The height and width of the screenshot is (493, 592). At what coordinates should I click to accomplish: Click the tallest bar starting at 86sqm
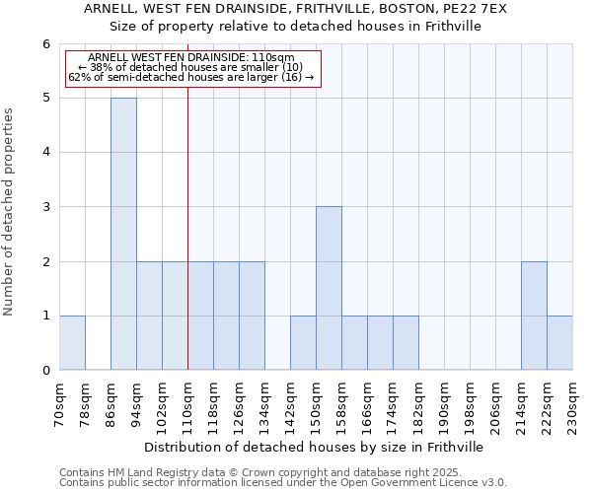coord(123,234)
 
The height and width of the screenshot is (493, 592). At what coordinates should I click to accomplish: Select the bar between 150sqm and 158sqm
coord(329,288)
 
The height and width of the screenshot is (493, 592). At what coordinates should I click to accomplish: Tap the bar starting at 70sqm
coord(72,343)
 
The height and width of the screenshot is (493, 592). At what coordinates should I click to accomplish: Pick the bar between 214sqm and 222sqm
coord(534,316)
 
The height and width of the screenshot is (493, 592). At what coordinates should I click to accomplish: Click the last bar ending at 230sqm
coord(559,343)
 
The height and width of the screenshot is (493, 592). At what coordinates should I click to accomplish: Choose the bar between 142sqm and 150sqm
coord(303,343)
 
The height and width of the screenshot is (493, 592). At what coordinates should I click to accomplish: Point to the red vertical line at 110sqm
coord(187,227)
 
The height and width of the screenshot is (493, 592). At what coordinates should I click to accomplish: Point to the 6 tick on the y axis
coord(45,44)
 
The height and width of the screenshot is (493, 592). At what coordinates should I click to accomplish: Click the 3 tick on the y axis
coord(45,207)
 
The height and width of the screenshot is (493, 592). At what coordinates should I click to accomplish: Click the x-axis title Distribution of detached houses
coord(316,447)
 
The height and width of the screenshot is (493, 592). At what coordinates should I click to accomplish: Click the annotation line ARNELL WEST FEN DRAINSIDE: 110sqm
coord(191,57)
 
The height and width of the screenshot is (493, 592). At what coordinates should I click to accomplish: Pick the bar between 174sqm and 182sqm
coord(406,343)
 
